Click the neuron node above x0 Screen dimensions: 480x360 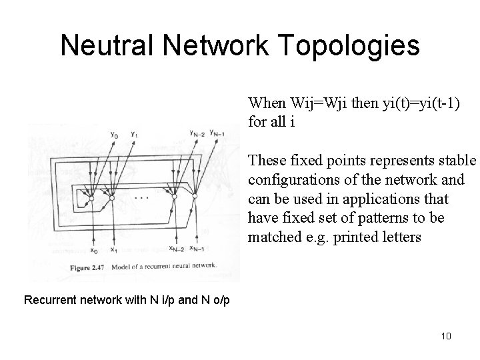(x=93, y=198)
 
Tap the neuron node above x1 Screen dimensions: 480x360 (x=113, y=199)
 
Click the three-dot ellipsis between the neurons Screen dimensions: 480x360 (x=142, y=198)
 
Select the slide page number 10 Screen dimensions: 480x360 (x=446, y=335)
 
